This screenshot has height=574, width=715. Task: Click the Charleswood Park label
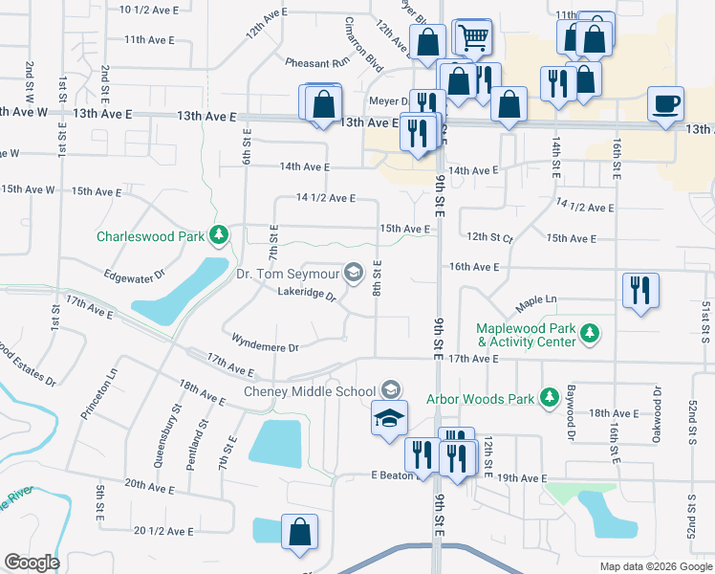click(157, 235)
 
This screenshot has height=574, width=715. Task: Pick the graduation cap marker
click(389, 419)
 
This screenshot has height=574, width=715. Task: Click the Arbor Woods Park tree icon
click(549, 396)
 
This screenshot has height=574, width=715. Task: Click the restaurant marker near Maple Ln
click(639, 291)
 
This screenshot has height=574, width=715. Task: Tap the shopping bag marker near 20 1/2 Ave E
click(300, 533)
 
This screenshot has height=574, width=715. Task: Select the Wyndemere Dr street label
click(266, 339)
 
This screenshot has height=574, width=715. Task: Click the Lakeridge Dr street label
click(307, 295)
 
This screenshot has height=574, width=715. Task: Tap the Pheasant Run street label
click(317, 62)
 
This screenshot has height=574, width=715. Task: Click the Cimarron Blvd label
click(354, 41)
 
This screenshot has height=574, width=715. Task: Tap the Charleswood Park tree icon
click(219, 234)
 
